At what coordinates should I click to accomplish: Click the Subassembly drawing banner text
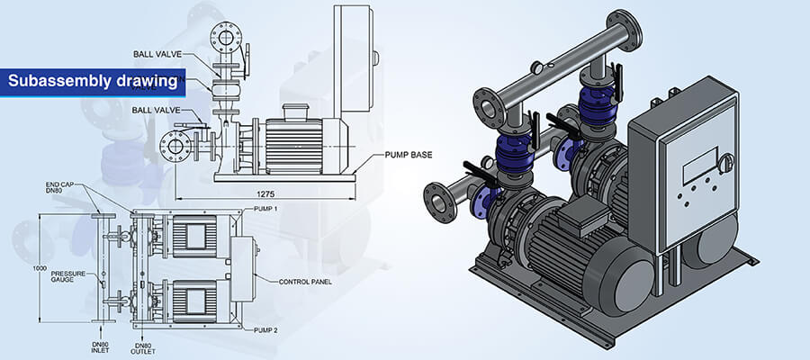pos(92,82)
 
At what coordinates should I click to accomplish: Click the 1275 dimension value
pos(264,193)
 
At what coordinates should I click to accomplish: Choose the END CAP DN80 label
pos(60,188)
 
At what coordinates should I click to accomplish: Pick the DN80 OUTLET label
pos(142,348)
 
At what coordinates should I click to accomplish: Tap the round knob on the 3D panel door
pos(725,163)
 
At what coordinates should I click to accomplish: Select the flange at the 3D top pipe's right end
pos(623,31)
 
